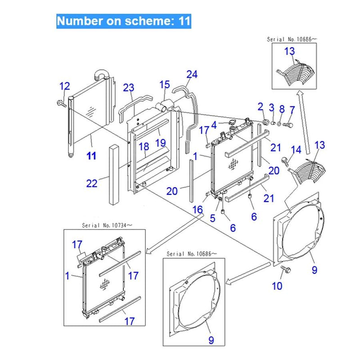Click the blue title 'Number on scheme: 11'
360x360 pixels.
pyautogui.click(x=123, y=21)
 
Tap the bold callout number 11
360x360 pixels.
pyautogui.click(x=91, y=156)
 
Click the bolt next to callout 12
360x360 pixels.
pyautogui.click(x=61, y=103)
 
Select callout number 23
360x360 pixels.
pyautogui.click(x=129, y=87)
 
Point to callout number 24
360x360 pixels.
pyautogui.click(x=192, y=74)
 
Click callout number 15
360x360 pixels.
pyautogui.click(x=165, y=85)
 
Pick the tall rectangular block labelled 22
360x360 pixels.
pyautogui.click(x=114, y=175)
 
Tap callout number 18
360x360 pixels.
pyautogui.click(x=144, y=147)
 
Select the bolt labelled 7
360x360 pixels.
pyautogui.click(x=288, y=125)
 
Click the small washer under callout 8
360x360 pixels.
pyautogui.click(x=279, y=124)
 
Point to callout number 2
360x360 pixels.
pyautogui.click(x=260, y=107)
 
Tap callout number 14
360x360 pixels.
pyautogui.click(x=296, y=150)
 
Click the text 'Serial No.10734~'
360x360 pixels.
pyautogui.click(x=107, y=225)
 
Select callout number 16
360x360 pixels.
pyautogui.click(x=198, y=210)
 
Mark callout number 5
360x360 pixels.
pyautogui.click(x=212, y=218)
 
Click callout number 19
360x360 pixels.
pyautogui.click(x=161, y=143)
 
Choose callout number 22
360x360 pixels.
pyautogui.click(x=92, y=183)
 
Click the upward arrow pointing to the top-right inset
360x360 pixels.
pyautogui.click(x=304, y=122)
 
